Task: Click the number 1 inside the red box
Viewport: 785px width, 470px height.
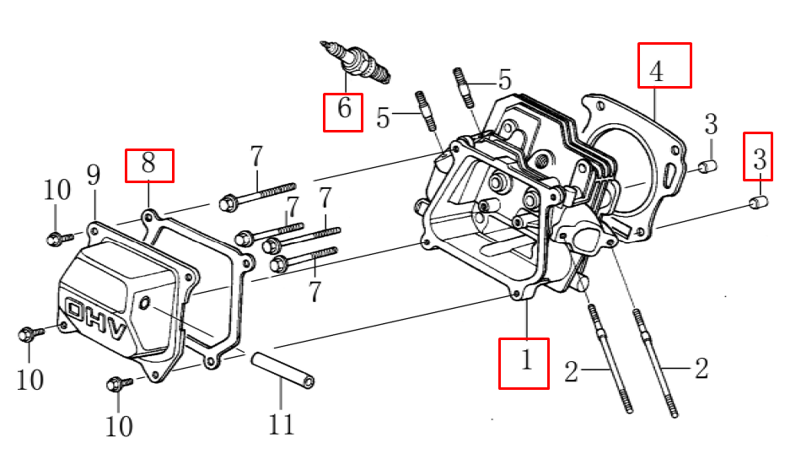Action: pyautogui.click(x=524, y=363)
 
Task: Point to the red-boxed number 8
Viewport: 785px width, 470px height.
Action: pyautogui.click(x=149, y=165)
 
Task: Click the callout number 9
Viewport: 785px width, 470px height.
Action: pyautogui.click(x=93, y=176)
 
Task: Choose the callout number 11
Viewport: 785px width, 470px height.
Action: pyautogui.click(x=281, y=423)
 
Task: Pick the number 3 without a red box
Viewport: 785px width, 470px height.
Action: pyautogui.click(x=711, y=125)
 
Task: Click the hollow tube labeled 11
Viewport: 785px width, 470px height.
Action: pyautogui.click(x=282, y=372)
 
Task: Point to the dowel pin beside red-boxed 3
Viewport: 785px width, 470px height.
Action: pyautogui.click(x=758, y=203)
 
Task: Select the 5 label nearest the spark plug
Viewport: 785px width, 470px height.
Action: pyautogui.click(x=384, y=117)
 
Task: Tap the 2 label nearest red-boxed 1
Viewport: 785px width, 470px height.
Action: pyautogui.click(x=573, y=370)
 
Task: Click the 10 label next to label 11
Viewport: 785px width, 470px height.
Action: pyautogui.click(x=119, y=426)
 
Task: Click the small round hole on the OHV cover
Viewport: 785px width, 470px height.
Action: pyautogui.click(x=145, y=301)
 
